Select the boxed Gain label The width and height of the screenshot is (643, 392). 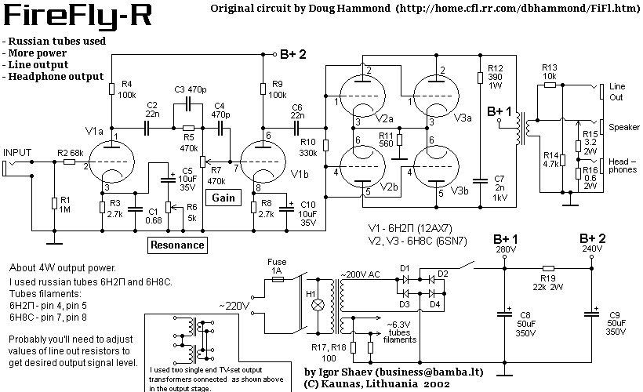223,198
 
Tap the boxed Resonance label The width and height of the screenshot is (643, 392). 177,245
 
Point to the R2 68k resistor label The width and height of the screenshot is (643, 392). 71,152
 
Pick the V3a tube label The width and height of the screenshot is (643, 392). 463,117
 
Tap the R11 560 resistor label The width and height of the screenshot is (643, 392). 385,139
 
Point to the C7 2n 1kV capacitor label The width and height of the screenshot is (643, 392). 500,187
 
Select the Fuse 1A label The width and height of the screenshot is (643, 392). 275,265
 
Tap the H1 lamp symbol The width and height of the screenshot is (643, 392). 318,305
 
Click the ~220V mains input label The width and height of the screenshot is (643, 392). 234,305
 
